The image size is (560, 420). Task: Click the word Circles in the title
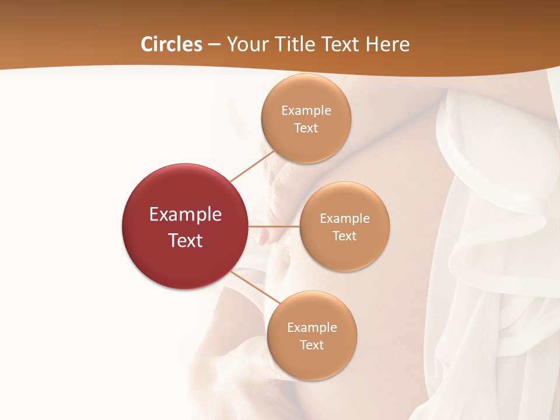pyautogui.click(x=171, y=44)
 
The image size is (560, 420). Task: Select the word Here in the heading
pyautogui.click(x=387, y=44)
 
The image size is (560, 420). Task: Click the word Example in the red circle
pyautogui.click(x=185, y=215)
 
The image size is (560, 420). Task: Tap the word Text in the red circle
pyautogui.click(x=185, y=240)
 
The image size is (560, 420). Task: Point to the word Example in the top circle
pyautogui.click(x=306, y=110)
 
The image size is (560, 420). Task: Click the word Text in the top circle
pyautogui.click(x=306, y=128)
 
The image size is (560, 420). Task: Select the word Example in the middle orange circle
pyautogui.click(x=345, y=218)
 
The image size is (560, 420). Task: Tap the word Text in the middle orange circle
pyautogui.click(x=345, y=236)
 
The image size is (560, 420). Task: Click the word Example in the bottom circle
pyautogui.click(x=312, y=327)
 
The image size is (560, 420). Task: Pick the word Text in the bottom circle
pyautogui.click(x=312, y=345)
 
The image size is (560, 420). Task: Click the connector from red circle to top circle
pyautogui.click(x=252, y=166)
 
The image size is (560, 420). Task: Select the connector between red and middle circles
pyautogui.click(x=274, y=226)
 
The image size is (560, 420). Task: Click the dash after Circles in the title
pyautogui.click(x=214, y=45)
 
